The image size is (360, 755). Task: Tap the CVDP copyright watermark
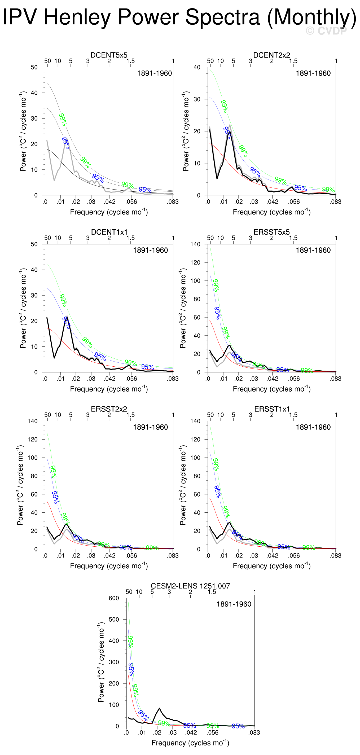[x=326, y=30]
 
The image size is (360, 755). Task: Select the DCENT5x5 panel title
[x=109, y=55]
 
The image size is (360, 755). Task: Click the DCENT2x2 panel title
[x=271, y=55]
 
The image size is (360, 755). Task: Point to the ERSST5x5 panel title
[x=271, y=232]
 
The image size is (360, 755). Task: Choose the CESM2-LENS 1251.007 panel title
[x=190, y=586]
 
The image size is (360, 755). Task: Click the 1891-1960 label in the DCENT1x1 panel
[x=150, y=250]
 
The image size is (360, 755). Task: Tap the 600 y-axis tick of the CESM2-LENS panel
[x=114, y=598]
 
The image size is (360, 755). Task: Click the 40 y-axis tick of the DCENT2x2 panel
[x=197, y=67]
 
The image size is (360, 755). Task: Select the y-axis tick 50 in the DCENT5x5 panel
[x=34, y=67]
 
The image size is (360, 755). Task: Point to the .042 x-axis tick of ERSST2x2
[x=110, y=556]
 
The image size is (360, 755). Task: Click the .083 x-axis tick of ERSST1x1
[x=336, y=556]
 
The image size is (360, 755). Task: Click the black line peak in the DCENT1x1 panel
[x=67, y=317]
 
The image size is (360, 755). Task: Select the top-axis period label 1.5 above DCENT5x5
[x=130, y=61]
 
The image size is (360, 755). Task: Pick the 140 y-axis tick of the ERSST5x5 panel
[x=196, y=244]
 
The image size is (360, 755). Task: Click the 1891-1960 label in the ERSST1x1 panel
[x=313, y=427]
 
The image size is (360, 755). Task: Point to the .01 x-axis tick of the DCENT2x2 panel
[x=223, y=202]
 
